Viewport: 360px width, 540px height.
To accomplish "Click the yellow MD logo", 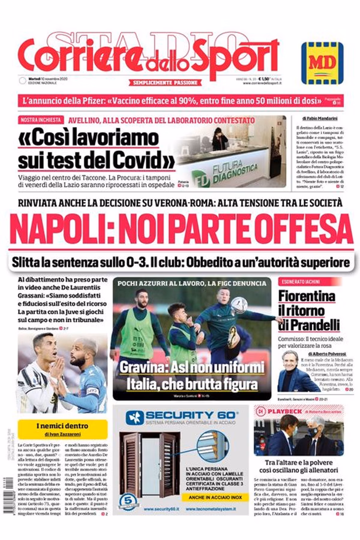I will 322,63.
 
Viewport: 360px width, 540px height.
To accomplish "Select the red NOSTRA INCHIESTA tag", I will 40,120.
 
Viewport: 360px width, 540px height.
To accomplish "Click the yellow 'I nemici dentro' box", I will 62,429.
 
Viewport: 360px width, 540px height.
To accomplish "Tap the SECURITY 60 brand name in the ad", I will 190,415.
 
